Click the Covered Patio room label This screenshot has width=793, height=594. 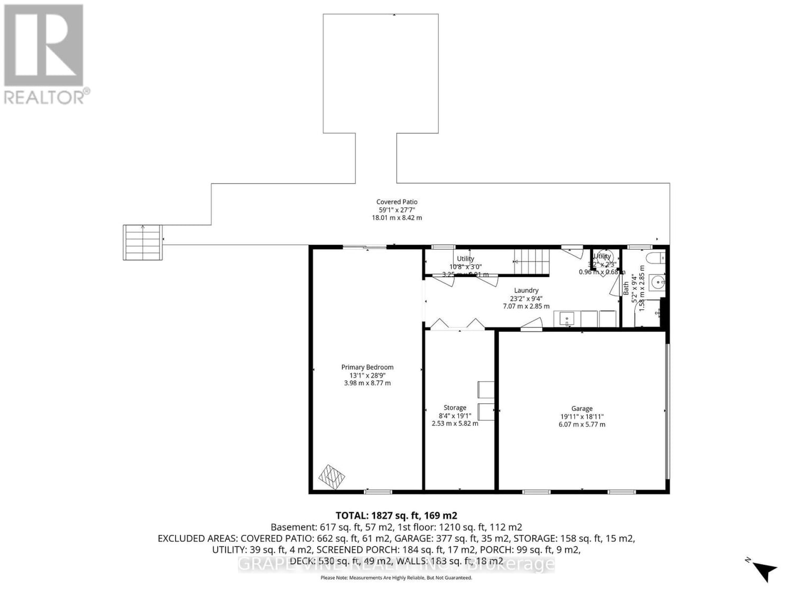[x=396, y=202]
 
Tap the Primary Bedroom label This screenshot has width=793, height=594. [x=367, y=367]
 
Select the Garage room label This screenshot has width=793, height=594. [x=582, y=408]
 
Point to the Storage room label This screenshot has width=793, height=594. [x=455, y=408]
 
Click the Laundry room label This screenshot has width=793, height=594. [x=526, y=290]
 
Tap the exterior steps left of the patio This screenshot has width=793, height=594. [x=143, y=242]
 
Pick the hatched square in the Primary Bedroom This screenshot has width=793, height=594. [x=331, y=477]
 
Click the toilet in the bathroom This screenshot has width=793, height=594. [x=656, y=258]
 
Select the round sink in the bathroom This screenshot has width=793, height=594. [x=658, y=282]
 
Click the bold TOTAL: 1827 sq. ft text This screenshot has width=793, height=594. [x=396, y=515]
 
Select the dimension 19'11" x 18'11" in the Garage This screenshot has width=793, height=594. [x=582, y=416]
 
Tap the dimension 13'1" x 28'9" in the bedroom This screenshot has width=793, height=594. [x=367, y=375]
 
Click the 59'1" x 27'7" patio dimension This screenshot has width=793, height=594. [x=396, y=210]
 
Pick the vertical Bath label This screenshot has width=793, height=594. [x=626, y=288]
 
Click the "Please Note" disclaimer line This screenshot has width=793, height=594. [x=396, y=578]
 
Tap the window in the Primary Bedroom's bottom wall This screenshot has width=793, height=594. [x=377, y=492]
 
